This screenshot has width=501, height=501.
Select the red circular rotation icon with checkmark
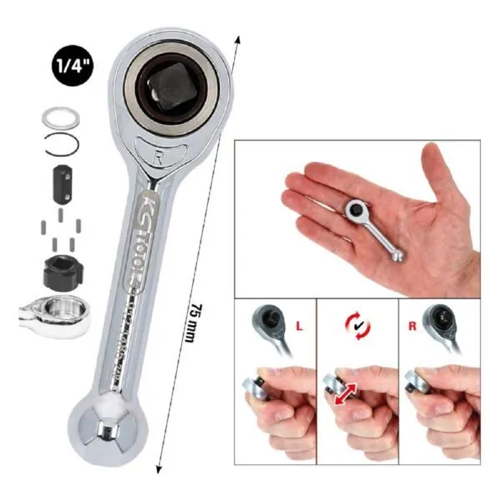pyautogui.click(x=358, y=325)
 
